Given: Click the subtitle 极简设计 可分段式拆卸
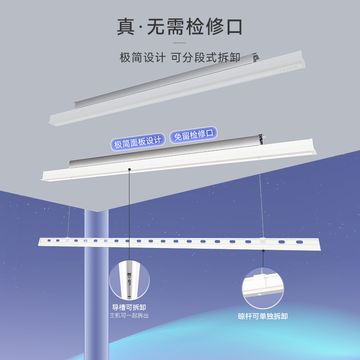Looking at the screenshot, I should point(180,58).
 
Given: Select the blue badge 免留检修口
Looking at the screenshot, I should point(193,135).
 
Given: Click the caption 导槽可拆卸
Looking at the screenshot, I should point(129,307).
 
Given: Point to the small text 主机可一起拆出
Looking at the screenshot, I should point(129,315).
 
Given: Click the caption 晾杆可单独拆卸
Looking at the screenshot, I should point(263,316).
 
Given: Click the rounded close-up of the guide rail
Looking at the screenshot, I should point(129,279).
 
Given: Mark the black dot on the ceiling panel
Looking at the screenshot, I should point(129,170).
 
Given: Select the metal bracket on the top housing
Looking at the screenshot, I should point(256,58).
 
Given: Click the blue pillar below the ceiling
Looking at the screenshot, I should point(96,288).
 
